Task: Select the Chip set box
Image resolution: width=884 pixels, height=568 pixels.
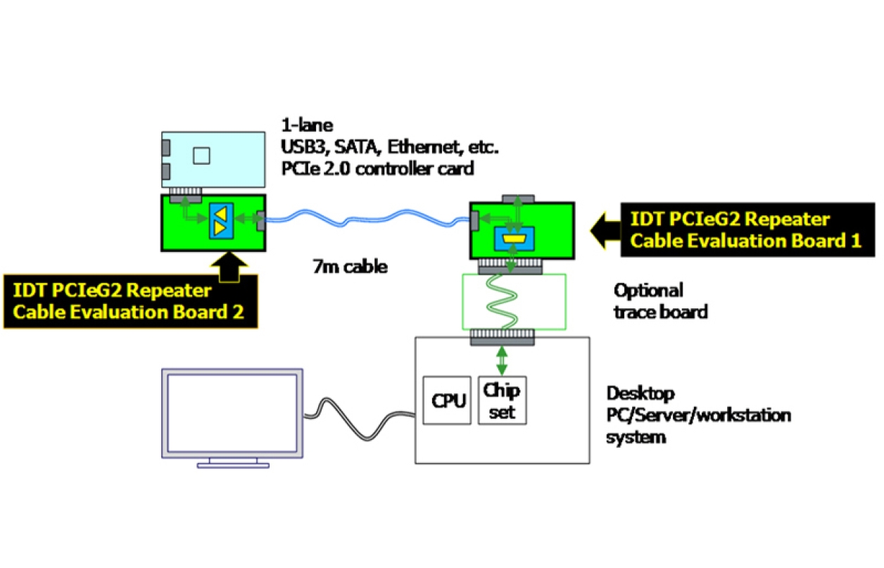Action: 502,400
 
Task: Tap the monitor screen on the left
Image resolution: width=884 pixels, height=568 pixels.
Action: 231,413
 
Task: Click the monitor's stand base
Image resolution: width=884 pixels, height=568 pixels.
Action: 233,464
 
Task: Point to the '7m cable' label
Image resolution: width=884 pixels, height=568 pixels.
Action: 350,267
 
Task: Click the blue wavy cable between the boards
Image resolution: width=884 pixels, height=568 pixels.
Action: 366,216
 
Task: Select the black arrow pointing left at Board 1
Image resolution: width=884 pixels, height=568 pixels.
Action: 605,229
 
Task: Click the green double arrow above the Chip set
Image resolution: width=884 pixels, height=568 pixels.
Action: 500,360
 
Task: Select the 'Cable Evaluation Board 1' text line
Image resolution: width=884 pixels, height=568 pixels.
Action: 745,241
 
